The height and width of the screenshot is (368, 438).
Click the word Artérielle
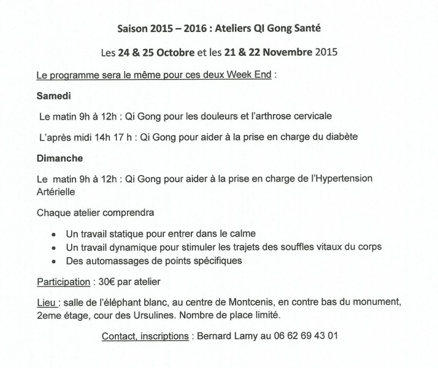(x=56, y=191)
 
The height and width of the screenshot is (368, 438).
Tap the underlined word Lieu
(x=47, y=302)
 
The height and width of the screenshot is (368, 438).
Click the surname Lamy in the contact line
(x=252, y=335)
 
